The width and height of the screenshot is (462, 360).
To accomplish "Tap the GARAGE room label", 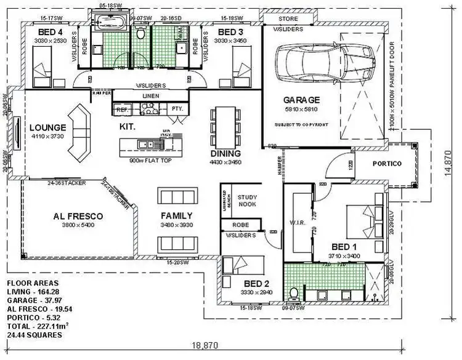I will pos(301,100).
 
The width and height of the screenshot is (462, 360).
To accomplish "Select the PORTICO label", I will pos(387,164).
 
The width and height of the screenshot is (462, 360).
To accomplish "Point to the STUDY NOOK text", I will pos(246,201).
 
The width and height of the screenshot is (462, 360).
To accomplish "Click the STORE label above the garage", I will pos(287,19).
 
